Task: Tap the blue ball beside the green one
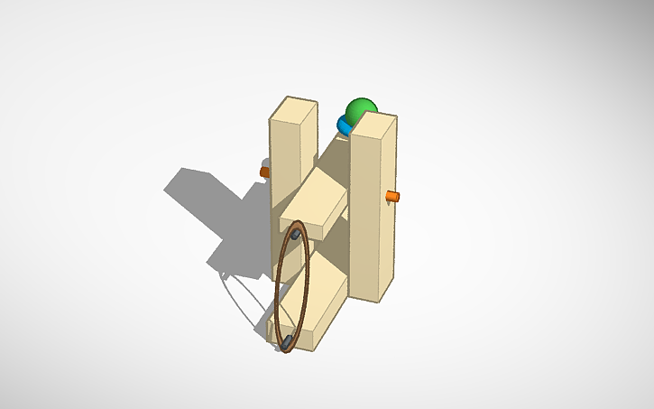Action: pos(345,124)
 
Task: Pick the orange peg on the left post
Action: pos(264,171)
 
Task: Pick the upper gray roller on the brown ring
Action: pos(295,235)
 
